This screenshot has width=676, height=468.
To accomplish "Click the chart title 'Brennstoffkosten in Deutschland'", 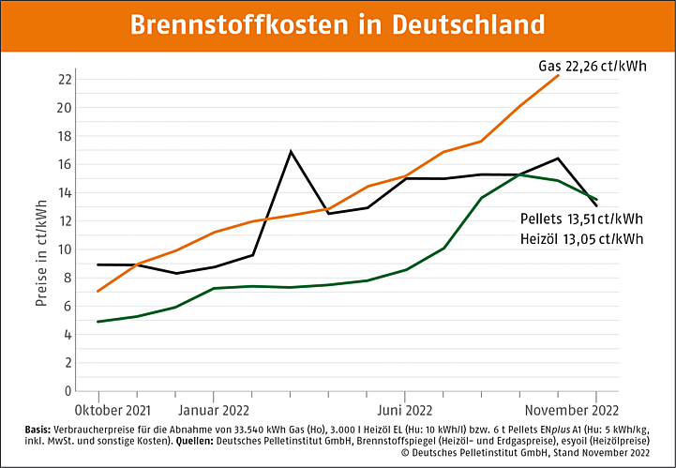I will [338, 24].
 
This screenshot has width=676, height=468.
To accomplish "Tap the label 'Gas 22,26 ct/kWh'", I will [592, 67].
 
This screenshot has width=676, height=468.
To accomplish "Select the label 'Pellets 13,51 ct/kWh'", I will [581, 219].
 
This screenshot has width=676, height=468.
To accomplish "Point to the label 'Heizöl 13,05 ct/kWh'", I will [581, 238].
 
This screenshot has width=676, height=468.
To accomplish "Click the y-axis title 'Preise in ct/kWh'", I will [41, 251].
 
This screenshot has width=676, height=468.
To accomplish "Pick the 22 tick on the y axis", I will [65, 79].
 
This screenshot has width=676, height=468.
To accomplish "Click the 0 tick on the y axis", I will [68, 391].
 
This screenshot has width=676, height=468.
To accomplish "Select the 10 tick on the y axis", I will [65, 249].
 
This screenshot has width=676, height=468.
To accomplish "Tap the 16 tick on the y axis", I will [65, 164].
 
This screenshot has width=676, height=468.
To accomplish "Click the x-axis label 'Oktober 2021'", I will [112, 410].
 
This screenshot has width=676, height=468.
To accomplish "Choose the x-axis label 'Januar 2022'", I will [215, 410].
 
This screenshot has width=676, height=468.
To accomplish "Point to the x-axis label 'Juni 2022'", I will [404, 410].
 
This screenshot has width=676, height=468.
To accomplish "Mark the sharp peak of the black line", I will [291, 151].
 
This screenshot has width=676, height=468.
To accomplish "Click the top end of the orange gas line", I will [558, 75].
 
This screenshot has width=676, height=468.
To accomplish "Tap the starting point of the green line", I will [99, 322].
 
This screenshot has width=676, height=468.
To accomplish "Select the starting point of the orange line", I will [99, 291].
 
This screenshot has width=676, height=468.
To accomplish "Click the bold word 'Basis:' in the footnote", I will [40, 429].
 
